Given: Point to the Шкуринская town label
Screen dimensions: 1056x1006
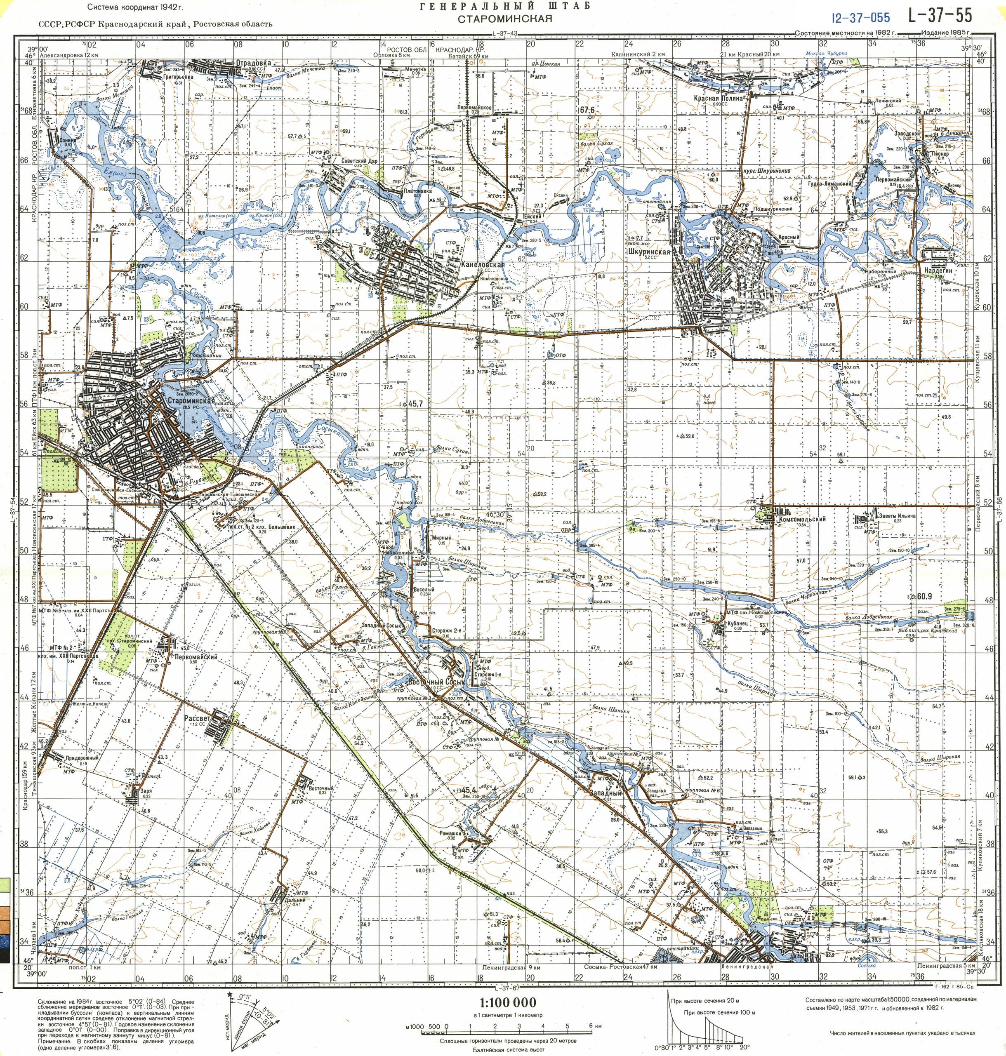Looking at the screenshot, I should [650, 250].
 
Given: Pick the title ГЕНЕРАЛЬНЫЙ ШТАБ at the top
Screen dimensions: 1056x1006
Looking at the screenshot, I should [504, 7].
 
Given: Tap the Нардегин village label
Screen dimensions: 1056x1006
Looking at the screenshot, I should [936, 271].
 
